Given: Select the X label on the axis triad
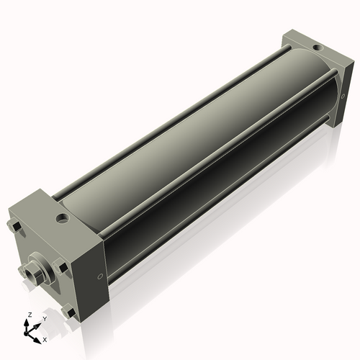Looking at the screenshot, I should click(45, 338).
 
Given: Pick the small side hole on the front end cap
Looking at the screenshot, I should click(99, 276).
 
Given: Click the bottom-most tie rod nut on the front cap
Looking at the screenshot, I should click(69, 312).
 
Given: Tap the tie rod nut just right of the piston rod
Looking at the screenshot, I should click(63, 268).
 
